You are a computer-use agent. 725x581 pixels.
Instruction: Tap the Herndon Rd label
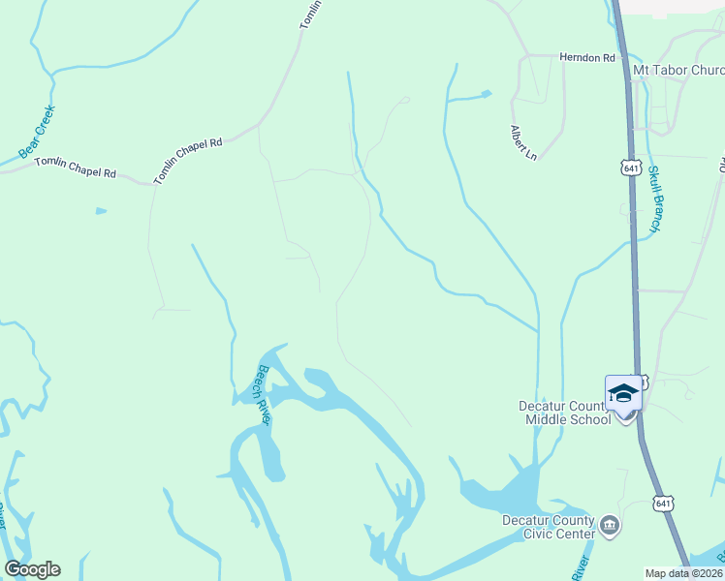coord(587,58)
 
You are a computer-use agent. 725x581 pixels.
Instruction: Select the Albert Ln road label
coord(523,141)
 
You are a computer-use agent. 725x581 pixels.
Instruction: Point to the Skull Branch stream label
coord(655,199)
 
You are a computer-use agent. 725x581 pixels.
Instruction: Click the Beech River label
coord(263,394)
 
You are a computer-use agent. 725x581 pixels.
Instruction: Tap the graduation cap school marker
coord(623,393)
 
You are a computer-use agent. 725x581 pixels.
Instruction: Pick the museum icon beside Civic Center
coord(611,526)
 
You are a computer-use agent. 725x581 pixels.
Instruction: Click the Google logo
coord(32,569)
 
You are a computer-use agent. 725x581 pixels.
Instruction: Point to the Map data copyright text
coord(684,572)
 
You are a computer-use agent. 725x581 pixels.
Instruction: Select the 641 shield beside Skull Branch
coord(631,168)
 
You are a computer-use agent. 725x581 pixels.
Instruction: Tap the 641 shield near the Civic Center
coord(663,504)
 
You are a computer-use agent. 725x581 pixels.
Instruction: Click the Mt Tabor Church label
coord(678,71)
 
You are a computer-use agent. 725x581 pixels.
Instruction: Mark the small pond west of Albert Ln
coord(486,94)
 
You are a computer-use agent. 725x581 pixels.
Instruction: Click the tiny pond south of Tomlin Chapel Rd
coord(101,210)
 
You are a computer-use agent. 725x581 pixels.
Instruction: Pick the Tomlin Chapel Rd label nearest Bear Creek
coord(76,168)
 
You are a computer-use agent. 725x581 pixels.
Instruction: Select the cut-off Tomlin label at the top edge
coord(308,15)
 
